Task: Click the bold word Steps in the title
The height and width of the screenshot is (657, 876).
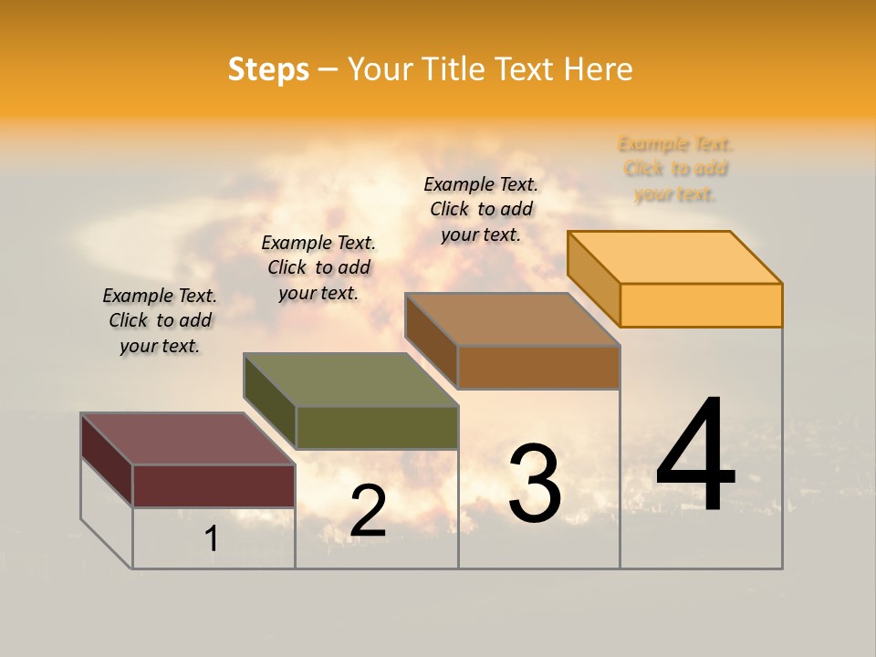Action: [x=268, y=69]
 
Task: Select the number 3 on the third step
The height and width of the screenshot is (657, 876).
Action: [x=535, y=484]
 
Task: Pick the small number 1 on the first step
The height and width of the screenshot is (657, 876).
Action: [x=211, y=538]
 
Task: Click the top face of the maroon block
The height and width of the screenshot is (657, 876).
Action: [x=188, y=439]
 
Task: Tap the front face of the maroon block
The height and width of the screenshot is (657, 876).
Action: [x=214, y=485]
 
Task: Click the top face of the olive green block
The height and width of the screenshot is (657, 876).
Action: [x=350, y=380]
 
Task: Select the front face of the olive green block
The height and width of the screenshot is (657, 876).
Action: [x=377, y=427]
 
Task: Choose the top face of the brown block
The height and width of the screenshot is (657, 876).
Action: [x=513, y=319]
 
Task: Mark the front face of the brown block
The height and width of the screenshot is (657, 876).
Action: [x=538, y=367]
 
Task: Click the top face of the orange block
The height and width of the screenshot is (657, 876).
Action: [x=675, y=257]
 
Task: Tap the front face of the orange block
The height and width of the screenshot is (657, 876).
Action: [x=701, y=305]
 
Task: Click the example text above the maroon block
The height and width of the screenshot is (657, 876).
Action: [x=160, y=320]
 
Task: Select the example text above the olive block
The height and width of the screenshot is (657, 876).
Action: [x=318, y=267]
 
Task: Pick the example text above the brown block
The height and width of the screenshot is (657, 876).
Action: [x=481, y=209]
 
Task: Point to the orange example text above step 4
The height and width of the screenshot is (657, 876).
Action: [x=675, y=169]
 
